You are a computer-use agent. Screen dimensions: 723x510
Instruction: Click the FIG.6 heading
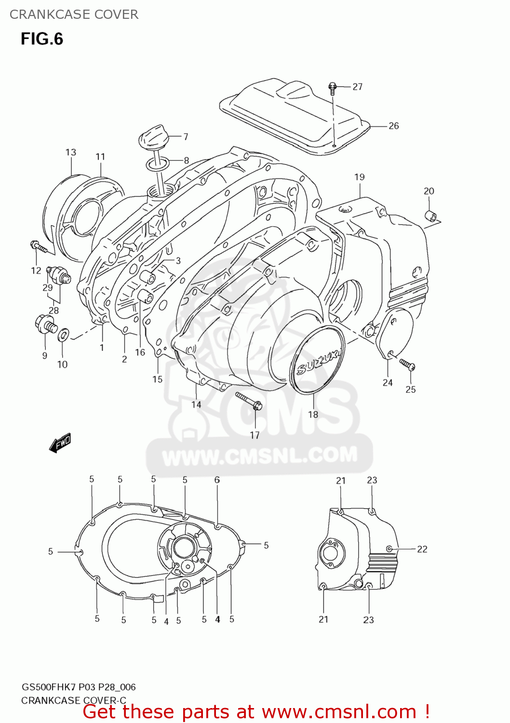pyautogui.click(x=42, y=39)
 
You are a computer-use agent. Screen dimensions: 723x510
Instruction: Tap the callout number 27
pyautogui.click(x=357, y=87)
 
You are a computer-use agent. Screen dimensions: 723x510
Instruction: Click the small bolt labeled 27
pyautogui.click(x=332, y=87)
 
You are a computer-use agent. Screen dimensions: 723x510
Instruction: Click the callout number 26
pyautogui.click(x=393, y=126)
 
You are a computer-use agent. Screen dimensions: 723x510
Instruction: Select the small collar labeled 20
pyautogui.click(x=430, y=216)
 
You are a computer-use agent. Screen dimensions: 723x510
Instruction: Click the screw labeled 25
pyautogui.click(x=407, y=365)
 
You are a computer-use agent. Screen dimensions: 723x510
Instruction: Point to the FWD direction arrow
pyautogui.click(x=60, y=442)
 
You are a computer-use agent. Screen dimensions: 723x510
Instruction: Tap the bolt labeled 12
pyautogui.click(x=38, y=247)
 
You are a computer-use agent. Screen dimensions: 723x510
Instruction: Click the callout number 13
pyautogui.click(x=71, y=152)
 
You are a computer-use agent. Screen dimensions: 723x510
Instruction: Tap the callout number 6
pyautogui.click(x=217, y=480)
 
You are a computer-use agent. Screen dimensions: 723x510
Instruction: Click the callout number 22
pyautogui.click(x=422, y=549)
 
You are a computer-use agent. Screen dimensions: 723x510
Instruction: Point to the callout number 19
pyautogui.click(x=360, y=177)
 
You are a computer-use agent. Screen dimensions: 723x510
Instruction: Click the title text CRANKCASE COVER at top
pyautogui.click(x=74, y=14)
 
